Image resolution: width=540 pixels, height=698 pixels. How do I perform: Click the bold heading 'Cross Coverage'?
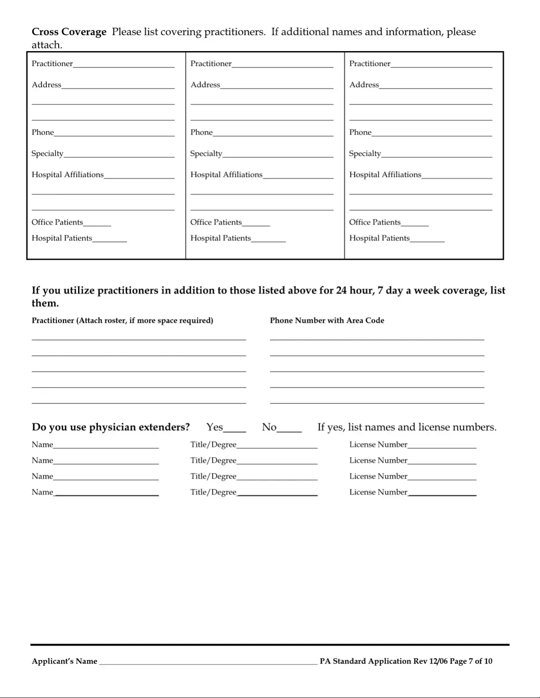click(69, 32)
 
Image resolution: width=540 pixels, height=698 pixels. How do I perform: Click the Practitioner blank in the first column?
click(123, 64)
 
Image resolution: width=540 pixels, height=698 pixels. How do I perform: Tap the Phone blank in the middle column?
click(273, 133)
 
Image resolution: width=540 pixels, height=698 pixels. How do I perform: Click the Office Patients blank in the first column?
click(97, 223)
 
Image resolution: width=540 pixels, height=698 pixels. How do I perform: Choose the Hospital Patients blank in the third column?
click(427, 239)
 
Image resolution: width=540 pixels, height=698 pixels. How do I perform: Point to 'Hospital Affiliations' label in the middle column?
click(226, 175)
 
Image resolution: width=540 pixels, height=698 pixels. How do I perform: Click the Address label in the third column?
click(364, 85)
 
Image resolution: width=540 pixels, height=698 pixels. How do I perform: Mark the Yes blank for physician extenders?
click(235, 428)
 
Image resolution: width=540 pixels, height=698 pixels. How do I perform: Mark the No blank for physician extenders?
click(289, 428)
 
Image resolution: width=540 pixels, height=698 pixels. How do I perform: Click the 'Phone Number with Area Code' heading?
click(327, 321)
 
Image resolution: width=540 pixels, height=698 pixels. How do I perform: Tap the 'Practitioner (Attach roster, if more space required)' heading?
click(122, 321)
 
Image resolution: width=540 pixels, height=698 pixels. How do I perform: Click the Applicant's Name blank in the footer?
click(208, 661)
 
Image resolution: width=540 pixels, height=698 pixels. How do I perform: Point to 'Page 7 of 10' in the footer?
click(471, 661)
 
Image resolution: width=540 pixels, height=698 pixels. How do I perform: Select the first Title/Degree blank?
click(277, 445)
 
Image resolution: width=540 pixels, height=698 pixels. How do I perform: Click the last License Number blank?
click(442, 493)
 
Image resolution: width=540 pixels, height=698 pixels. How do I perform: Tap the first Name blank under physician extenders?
click(106, 445)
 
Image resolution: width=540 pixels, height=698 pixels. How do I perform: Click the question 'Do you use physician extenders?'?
click(111, 427)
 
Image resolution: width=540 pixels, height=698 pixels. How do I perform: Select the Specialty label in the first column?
click(48, 154)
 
